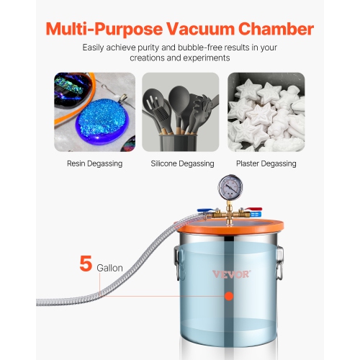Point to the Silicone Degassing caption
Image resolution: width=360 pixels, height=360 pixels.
180,163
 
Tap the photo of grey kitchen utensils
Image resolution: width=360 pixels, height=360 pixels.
180,112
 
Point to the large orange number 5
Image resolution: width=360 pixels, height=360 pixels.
86,264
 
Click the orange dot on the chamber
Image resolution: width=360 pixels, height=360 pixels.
229,296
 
